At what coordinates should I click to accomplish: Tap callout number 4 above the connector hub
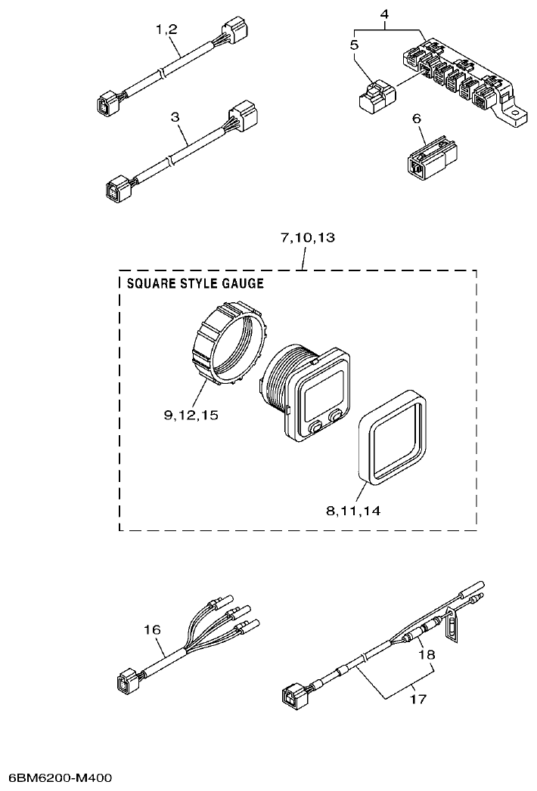[x=384, y=13]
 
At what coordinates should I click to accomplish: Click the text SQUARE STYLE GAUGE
[x=194, y=284]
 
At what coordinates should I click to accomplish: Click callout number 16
[x=152, y=629]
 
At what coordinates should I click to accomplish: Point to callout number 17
[x=417, y=699]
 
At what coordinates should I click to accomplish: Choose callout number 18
[x=427, y=655]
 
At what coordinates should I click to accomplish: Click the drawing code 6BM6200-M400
[x=60, y=777]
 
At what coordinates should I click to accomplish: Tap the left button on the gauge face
[x=316, y=428]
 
